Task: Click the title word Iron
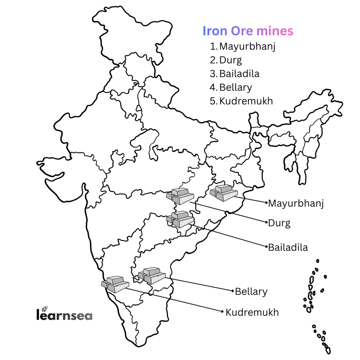tap(215, 31)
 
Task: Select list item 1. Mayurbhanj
tap(243, 46)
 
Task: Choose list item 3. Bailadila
tap(235, 74)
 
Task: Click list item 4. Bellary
tap(231, 87)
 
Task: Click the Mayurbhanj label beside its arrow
tap(296, 203)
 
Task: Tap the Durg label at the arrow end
tap(279, 223)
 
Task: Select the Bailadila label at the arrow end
tap(288, 247)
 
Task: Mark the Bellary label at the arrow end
tap(251, 291)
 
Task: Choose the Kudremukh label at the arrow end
tap(252, 312)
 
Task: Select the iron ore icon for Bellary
tap(152, 275)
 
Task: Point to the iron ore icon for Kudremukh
tap(115, 284)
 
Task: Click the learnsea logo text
tap(64, 315)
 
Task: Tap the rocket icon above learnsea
tap(45, 308)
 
